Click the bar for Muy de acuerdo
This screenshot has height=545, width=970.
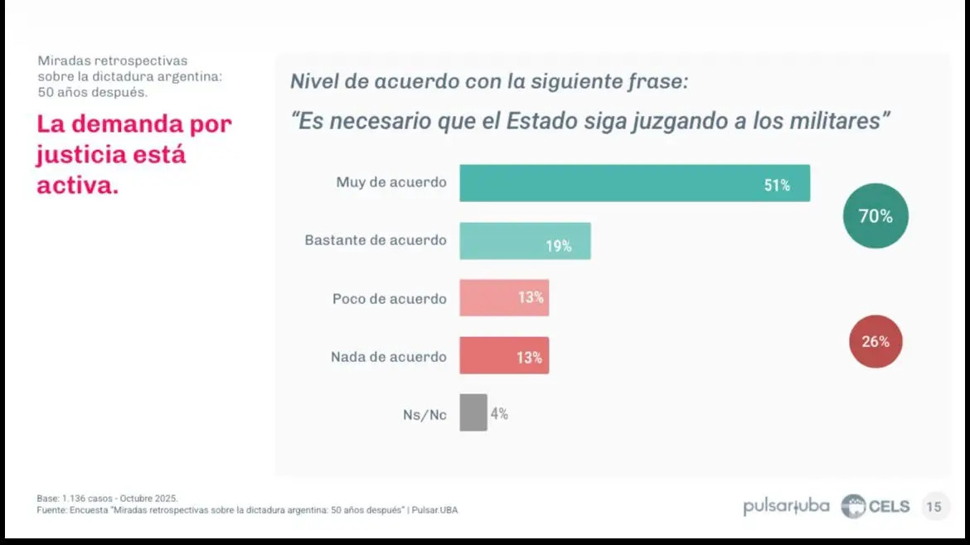coord(634,183)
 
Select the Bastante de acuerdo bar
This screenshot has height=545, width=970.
coord(525,241)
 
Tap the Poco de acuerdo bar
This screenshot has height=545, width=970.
coord(504,297)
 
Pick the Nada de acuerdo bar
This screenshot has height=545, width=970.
coord(504,355)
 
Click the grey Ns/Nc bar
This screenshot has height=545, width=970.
coord(473,412)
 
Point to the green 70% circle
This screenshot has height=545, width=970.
coord(875,216)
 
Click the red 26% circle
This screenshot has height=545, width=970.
coord(875,341)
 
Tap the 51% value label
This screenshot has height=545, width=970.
coord(777,186)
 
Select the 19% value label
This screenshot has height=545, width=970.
coord(558,246)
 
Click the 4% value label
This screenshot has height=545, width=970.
coord(499,413)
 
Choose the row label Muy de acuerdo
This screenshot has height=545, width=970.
coord(391,182)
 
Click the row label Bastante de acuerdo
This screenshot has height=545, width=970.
coord(376,240)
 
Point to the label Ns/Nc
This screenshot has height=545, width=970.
coord(424,415)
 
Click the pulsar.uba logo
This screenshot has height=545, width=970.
coord(786,507)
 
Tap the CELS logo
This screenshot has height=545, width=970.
coord(875,507)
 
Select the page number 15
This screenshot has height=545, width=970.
coord(934,507)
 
